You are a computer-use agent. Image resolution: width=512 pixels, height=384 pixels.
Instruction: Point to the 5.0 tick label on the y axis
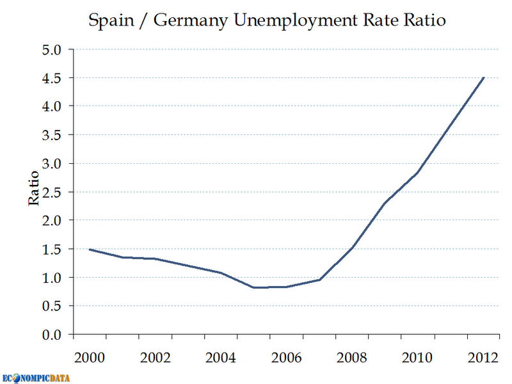pyautogui.click(x=53, y=49)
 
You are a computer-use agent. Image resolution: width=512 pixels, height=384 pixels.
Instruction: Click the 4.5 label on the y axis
pyautogui.click(x=53, y=78)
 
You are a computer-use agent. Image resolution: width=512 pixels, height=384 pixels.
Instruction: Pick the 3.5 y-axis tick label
pyautogui.click(x=53, y=135)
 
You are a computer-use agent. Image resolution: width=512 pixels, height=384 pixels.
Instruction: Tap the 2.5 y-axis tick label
pyautogui.click(x=53, y=192)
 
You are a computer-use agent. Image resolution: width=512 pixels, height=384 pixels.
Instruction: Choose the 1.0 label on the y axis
pyautogui.click(x=53, y=278)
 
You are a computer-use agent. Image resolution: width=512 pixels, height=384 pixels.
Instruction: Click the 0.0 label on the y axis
pyautogui.click(x=53, y=335)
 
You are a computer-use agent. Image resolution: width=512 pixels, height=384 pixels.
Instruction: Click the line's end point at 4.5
pyautogui.click(x=484, y=77)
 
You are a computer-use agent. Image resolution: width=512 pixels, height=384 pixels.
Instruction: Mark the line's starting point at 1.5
pyautogui.click(x=90, y=250)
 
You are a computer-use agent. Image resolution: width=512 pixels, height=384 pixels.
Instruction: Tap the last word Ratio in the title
pyautogui.click(x=424, y=20)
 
